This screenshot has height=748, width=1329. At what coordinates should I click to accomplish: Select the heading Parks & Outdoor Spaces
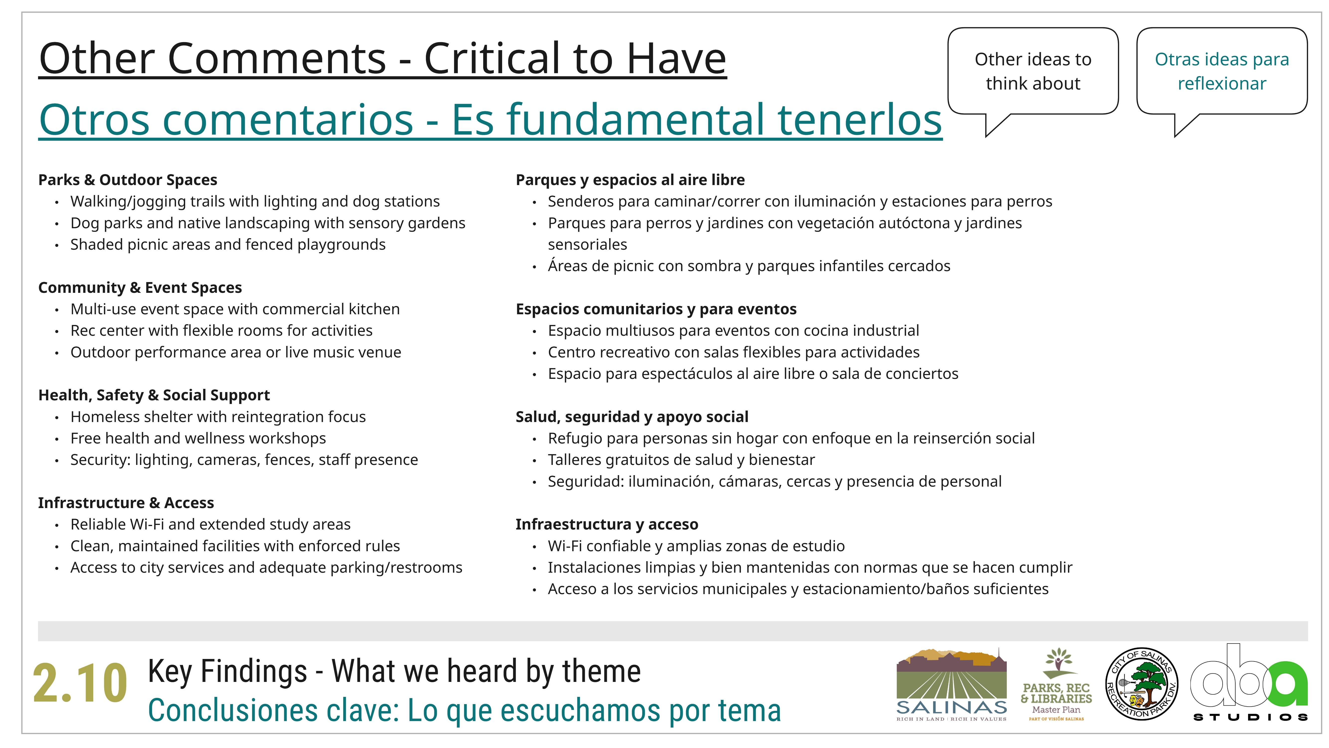pos(127,180)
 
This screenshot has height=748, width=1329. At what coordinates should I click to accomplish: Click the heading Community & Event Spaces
pos(140,288)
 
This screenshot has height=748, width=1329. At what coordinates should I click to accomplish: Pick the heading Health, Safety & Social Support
pos(154,395)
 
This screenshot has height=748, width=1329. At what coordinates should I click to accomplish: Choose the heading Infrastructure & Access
pos(126,503)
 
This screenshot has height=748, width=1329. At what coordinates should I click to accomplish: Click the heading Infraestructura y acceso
pos(607,525)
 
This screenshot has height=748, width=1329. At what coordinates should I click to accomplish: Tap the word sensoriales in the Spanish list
pos(588,245)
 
